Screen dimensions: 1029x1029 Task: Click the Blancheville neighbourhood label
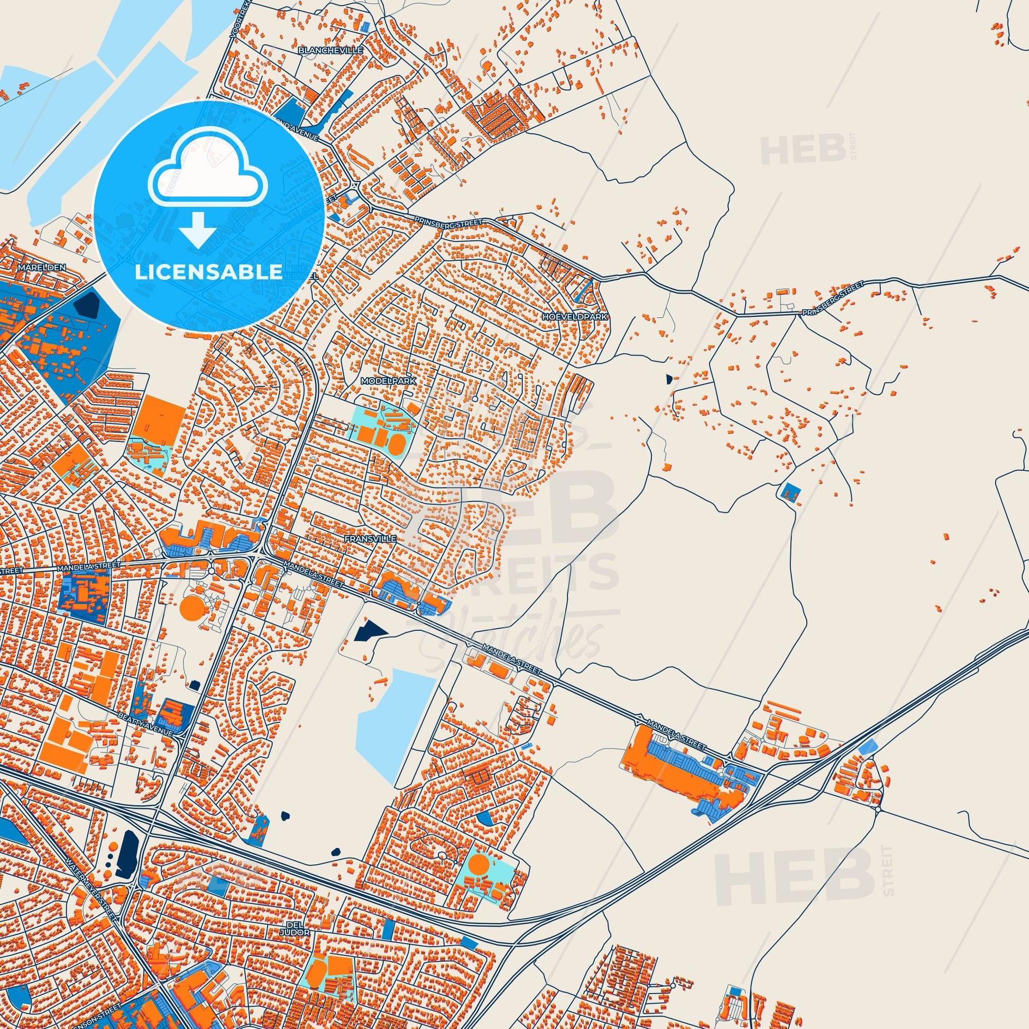[x=331, y=50]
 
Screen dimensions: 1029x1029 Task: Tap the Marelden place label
[x=41, y=267]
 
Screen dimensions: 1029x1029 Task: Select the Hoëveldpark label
[x=575, y=316]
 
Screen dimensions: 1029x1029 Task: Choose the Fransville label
[x=370, y=539]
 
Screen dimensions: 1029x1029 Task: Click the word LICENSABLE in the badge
[x=208, y=272]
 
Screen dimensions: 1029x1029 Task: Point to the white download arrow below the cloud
[x=197, y=229]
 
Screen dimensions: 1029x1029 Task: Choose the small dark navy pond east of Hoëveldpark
[x=668, y=379]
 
